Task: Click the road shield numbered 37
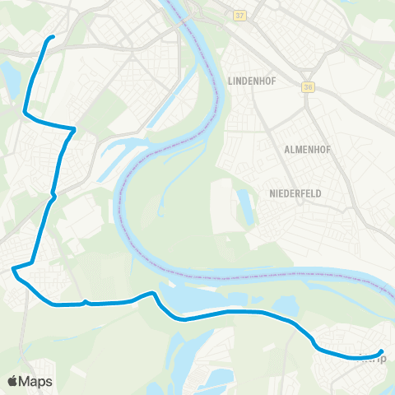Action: point(239,16)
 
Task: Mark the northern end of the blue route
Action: point(53,37)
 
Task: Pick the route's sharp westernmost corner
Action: point(13,268)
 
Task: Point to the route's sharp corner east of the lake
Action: point(75,129)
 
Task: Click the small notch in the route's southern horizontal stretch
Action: point(86,301)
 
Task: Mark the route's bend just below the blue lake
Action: point(26,113)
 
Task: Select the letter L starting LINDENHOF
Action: point(227,82)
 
